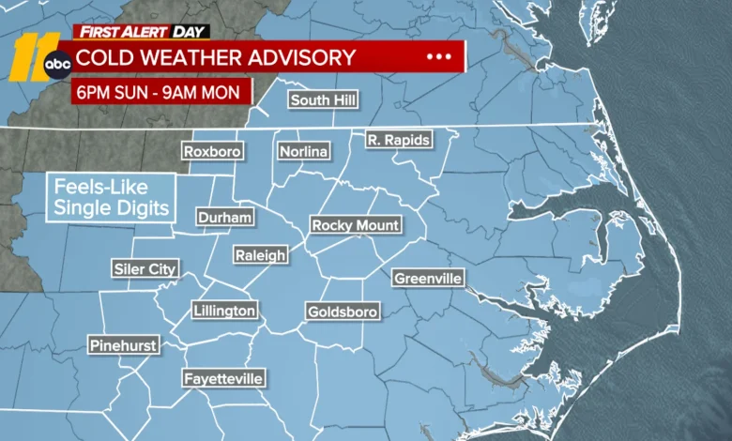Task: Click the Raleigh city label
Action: tap(262, 255)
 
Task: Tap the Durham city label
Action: tap(225, 218)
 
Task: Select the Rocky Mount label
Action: tap(356, 225)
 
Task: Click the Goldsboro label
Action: tap(343, 312)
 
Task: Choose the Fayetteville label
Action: tap(223, 379)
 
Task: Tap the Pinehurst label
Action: tap(123, 346)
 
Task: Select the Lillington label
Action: tap(224, 311)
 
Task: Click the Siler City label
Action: tap(145, 269)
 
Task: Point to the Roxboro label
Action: tap(212, 151)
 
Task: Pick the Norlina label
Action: tap(303, 151)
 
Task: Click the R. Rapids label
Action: tap(398, 141)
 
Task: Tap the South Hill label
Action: tap(324, 100)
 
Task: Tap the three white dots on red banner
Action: tap(438, 57)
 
